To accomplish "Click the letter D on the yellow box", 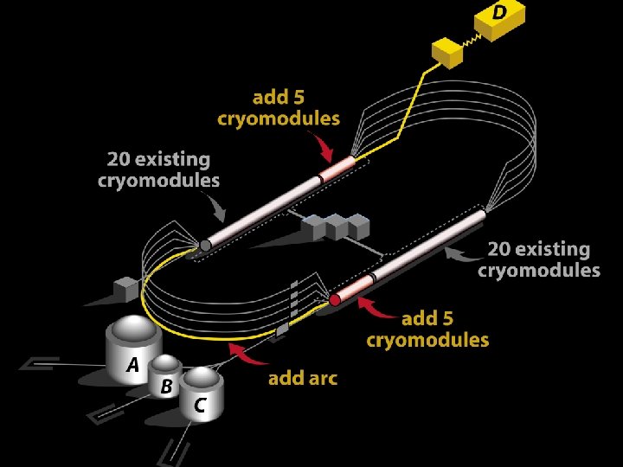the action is pyautogui.click(x=499, y=13).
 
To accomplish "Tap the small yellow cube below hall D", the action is pyautogui.click(x=449, y=54).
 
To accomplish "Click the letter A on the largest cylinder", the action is pyautogui.click(x=132, y=365).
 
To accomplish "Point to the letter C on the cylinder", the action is pyautogui.click(x=200, y=405).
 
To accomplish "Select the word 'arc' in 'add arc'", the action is pyautogui.click(x=321, y=378).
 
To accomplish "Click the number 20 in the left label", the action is pyautogui.click(x=119, y=160).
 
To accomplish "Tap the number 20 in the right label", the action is pyautogui.click(x=500, y=250).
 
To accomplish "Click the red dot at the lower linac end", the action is pyautogui.click(x=334, y=301).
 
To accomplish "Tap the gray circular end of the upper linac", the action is pyautogui.click(x=204, y=246).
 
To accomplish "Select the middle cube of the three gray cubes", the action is pyautogui.click(x=336, y=226).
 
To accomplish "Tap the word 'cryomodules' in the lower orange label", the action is pyautogui.click(x=427, y=340).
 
